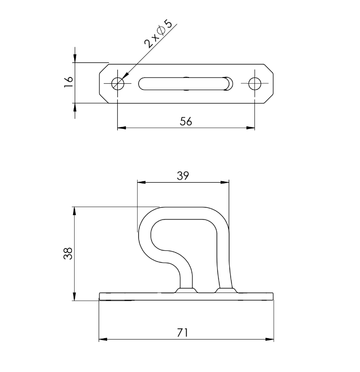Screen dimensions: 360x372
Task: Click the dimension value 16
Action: coord(68,82)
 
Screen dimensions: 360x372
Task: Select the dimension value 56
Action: coord(186,122)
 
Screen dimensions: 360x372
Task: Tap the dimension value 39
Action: coord(183,176)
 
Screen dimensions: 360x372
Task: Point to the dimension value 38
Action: coord(68,253)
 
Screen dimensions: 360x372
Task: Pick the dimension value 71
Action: coord(183,333)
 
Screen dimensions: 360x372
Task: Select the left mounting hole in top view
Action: coord(118,83)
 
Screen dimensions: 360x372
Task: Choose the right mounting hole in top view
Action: coord(255,83)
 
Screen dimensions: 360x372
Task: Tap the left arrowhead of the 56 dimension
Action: coord(122,128)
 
